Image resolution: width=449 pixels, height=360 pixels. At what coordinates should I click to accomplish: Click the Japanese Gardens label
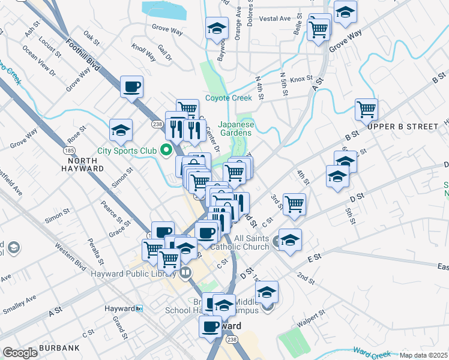[236, 129]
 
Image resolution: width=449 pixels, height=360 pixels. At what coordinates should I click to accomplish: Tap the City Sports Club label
[127, 151]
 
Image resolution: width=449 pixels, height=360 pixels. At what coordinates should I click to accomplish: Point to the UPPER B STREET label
[403, 127]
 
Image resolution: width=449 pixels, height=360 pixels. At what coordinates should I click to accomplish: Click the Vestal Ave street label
[276, 19]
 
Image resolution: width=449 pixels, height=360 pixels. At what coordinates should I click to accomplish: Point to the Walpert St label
[314, 317]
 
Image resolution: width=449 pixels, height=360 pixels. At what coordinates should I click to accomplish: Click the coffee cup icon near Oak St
[132, 87]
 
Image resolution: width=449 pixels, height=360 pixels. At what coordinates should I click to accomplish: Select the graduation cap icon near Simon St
[121, 130]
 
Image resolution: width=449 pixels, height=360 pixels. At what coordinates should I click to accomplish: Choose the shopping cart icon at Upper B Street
[366, 110]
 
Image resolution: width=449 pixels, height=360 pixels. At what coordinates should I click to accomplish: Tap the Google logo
[20, 353]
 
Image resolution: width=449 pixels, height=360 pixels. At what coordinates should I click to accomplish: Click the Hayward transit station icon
[139, 308]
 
